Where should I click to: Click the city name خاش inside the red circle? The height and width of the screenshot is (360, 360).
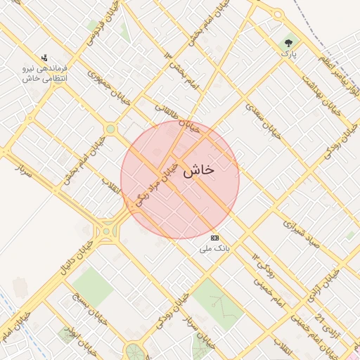[198, 171]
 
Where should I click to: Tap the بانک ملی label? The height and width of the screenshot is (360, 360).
[215, 247]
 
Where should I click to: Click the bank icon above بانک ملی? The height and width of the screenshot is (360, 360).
[214, 238]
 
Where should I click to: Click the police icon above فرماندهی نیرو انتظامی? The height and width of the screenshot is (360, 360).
[45, 58]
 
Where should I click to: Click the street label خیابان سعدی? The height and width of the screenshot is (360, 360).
[264, 120]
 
